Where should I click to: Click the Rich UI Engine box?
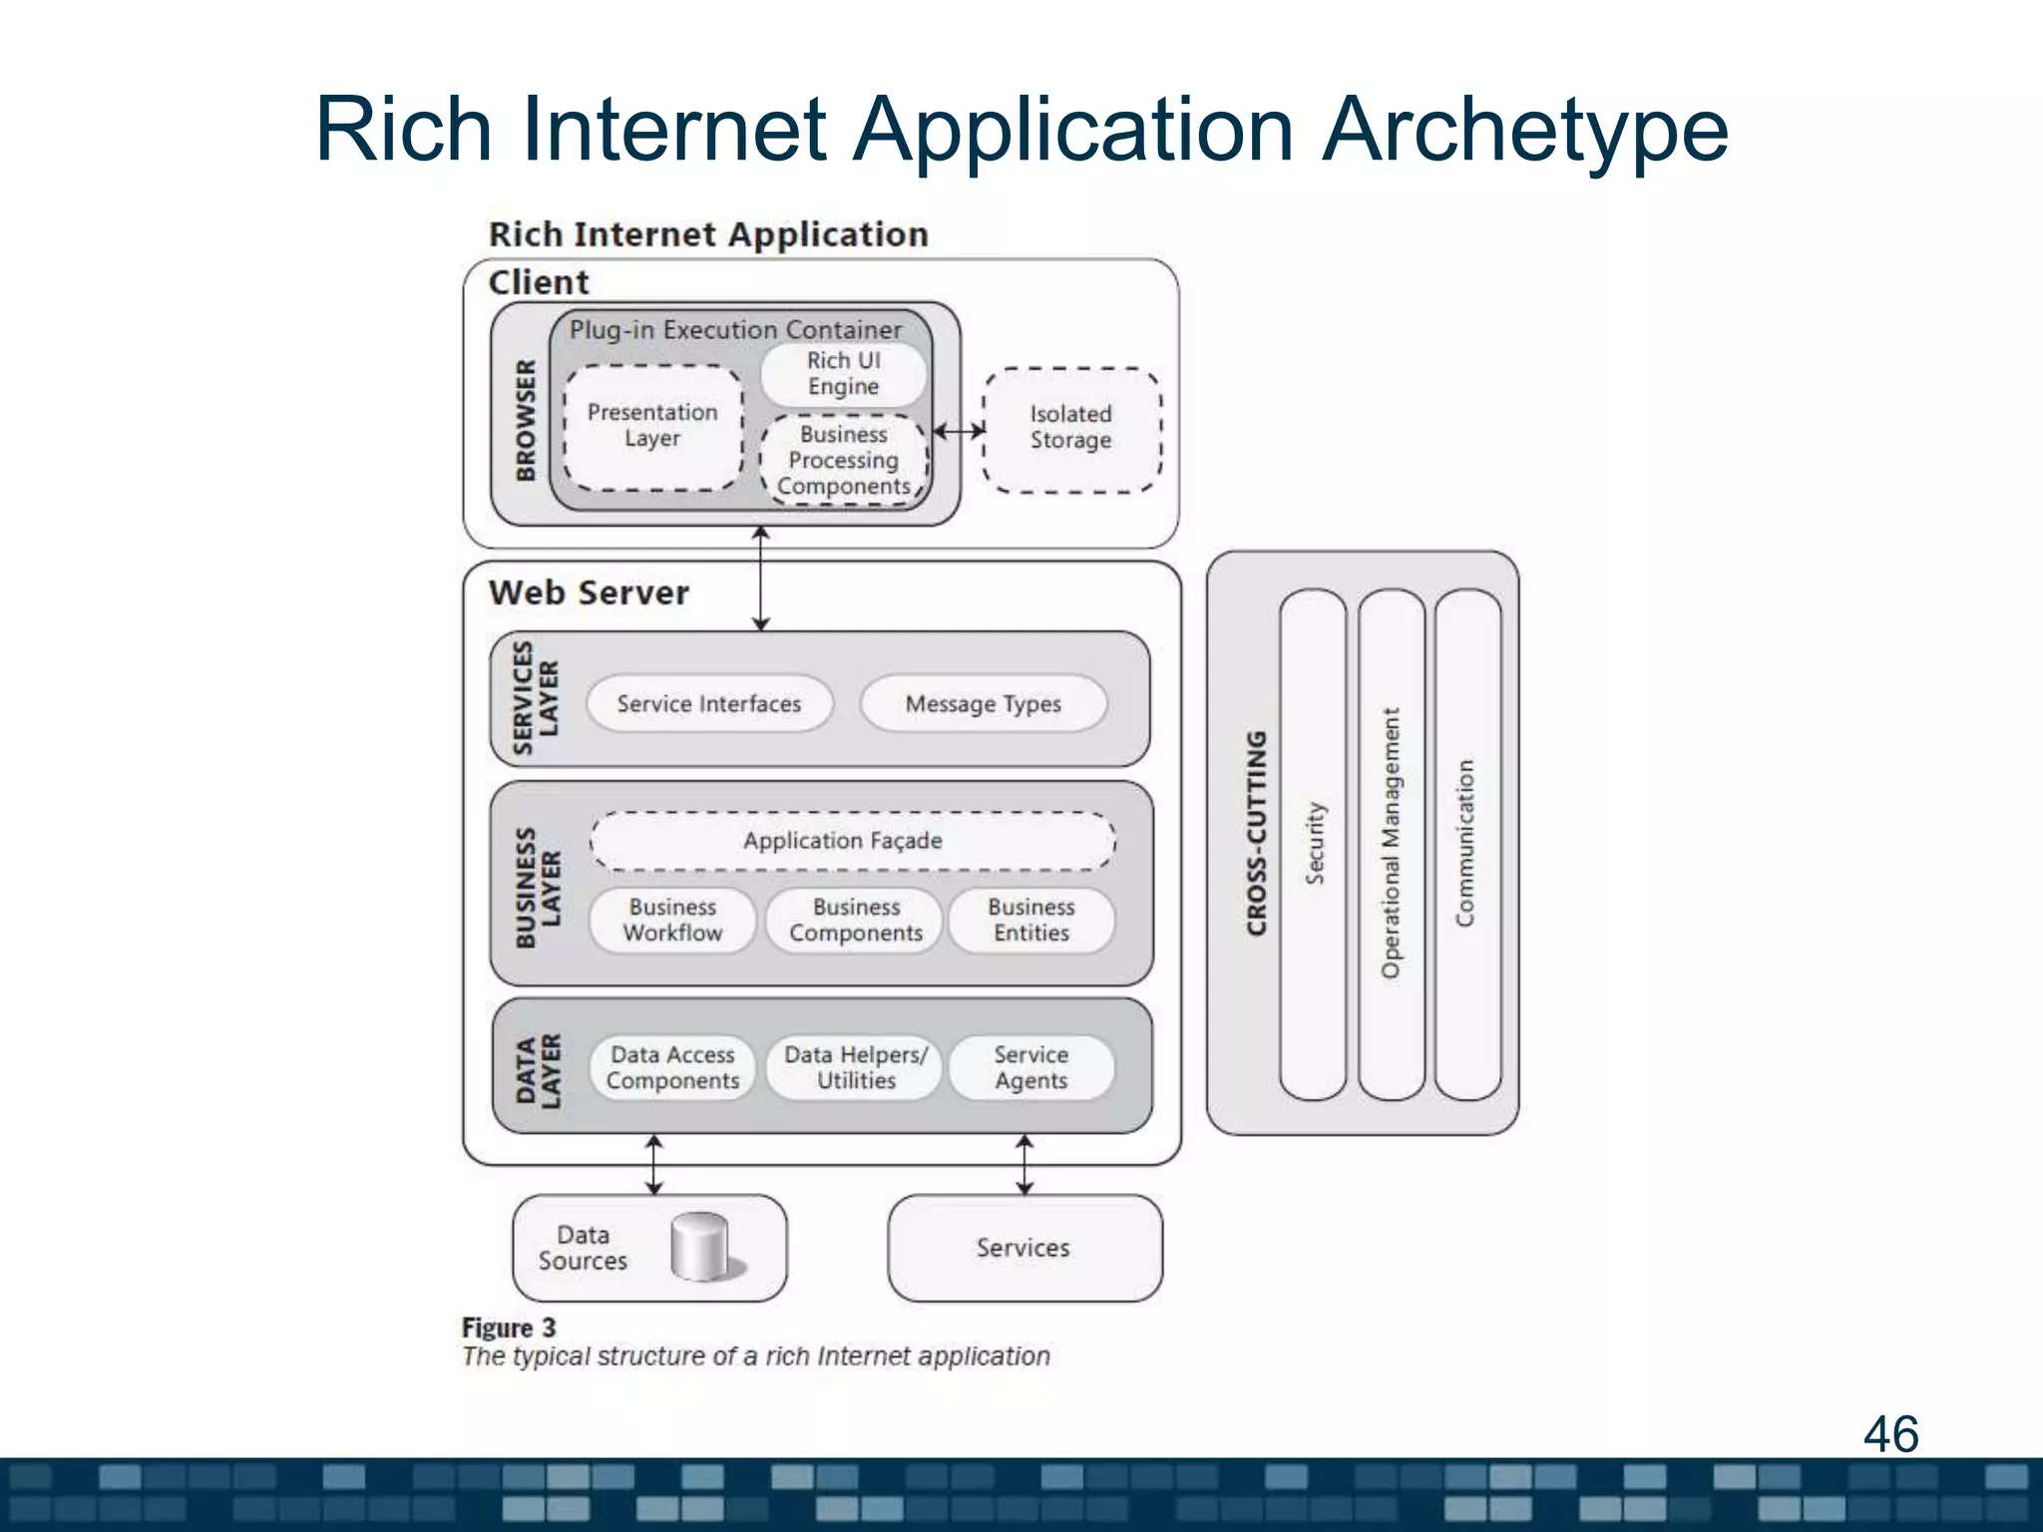843,373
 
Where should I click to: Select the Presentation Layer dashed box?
652,426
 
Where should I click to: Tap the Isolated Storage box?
1071,428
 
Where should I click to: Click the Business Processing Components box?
843,460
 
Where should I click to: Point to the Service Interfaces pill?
708,704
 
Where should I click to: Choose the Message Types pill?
983,704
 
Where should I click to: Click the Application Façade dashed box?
843,841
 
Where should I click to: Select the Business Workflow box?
672,920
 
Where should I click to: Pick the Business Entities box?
1030,920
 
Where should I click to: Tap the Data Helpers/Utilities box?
855,1067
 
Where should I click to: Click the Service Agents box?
1030,1067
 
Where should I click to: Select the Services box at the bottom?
1023,1248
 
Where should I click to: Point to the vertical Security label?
1315,843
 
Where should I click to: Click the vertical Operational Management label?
1391,843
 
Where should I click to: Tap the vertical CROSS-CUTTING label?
1256,833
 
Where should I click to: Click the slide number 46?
1890,1434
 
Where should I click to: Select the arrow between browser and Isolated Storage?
959,431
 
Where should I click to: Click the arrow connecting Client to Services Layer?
760,578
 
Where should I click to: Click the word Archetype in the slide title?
1524,130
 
